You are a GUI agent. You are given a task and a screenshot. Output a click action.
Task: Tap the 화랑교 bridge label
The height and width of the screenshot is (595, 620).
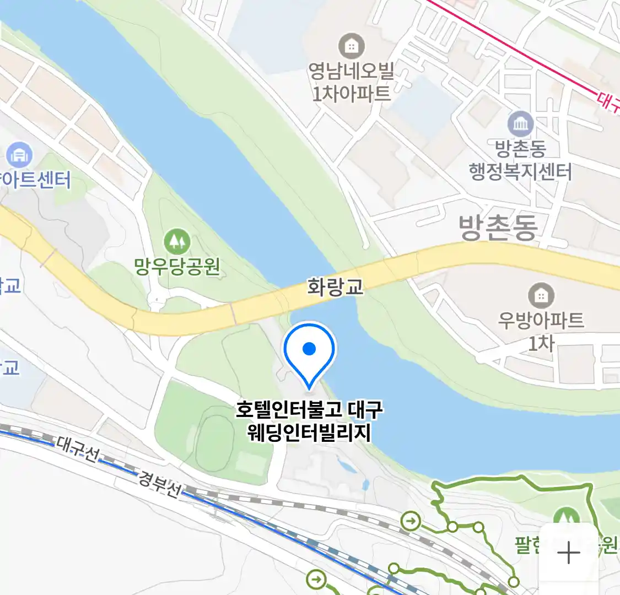[335, 287]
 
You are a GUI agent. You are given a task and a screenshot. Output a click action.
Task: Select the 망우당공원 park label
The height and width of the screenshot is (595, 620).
[177, 267]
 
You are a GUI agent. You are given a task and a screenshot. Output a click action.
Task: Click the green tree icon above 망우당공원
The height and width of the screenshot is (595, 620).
[177, 242]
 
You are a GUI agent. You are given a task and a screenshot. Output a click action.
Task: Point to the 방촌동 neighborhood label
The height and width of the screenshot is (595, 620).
[498, 228]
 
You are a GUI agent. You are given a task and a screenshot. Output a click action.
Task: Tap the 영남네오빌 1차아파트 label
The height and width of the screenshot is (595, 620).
[351, 82]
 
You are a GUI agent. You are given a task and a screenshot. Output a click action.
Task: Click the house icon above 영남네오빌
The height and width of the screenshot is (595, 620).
[351, 46]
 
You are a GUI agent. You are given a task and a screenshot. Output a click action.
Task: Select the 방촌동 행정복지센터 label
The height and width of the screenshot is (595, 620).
[520, 160]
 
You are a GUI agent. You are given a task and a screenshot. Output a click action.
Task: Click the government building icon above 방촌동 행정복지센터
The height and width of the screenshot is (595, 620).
[520, 124]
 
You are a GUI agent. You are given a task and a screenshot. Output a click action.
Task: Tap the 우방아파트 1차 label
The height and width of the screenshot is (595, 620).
[541, 331]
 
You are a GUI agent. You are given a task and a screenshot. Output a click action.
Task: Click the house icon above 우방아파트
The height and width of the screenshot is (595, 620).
[541, 296]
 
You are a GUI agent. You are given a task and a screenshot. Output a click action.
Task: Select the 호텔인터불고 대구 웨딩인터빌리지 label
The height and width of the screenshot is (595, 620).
[309, 421]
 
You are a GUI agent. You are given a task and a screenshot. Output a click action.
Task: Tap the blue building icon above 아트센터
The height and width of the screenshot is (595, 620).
[19, 156]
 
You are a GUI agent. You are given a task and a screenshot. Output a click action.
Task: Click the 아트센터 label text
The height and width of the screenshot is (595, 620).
[36, 180]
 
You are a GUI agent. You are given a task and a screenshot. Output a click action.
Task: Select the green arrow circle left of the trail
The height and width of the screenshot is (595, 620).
[411, 521]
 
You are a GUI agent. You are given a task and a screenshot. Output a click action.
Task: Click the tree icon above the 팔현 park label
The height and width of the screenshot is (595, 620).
[563, 517]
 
